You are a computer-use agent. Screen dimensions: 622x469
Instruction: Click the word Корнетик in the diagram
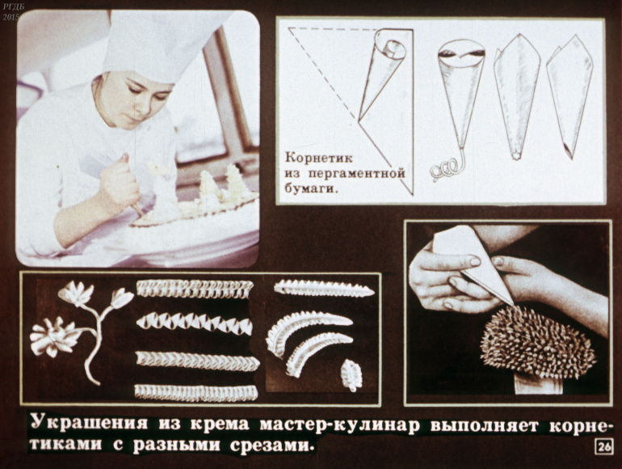coord(319,158)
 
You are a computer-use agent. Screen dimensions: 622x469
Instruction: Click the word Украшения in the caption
coord(89,425)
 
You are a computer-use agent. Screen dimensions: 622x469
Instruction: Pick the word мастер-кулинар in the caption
coord(339,425)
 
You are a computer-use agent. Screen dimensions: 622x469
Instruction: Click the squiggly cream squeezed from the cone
coord(447,167)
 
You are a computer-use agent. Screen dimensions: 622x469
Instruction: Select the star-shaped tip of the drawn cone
coord(516,154)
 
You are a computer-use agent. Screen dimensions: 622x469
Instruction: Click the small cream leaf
coord(351,375)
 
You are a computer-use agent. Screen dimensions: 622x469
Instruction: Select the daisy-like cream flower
coord(53,336)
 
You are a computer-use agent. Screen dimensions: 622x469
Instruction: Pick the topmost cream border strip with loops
coord(195,289)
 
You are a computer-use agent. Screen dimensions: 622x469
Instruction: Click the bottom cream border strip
coord(196,393)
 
